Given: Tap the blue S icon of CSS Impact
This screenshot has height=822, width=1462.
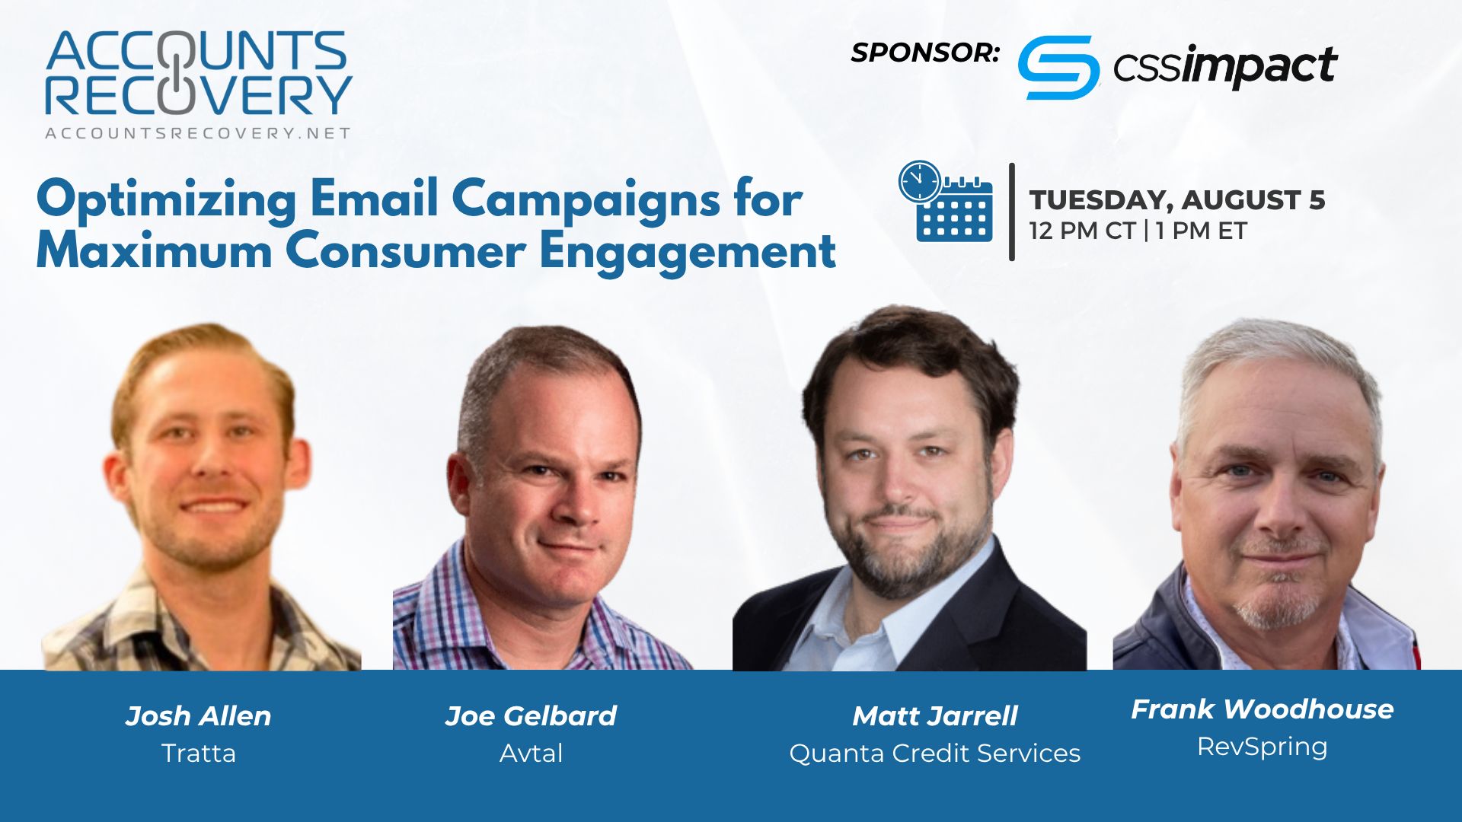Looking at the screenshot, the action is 1058,67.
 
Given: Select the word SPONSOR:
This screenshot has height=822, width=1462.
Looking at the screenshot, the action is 925,53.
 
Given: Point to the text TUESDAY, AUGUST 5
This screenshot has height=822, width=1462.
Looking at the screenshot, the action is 1177,199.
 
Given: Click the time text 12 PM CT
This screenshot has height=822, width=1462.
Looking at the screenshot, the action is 1082,231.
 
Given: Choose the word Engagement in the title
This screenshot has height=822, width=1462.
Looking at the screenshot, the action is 688,253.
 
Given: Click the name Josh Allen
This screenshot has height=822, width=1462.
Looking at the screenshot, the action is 198,716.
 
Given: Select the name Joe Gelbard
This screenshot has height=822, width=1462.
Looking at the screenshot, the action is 531,716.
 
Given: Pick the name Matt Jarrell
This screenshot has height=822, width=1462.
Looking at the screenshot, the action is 935,716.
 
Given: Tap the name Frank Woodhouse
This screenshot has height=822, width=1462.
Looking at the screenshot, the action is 1262,709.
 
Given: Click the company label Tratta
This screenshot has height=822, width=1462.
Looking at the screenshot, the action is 199,753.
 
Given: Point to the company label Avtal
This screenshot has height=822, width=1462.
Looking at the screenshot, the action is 531,753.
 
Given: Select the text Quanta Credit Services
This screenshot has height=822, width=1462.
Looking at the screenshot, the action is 935,753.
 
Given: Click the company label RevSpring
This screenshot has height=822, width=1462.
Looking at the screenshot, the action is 1262,747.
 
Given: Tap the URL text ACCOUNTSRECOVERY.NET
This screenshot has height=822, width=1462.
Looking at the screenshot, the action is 198,133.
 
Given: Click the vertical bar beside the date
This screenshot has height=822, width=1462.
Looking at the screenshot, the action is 1012,212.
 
